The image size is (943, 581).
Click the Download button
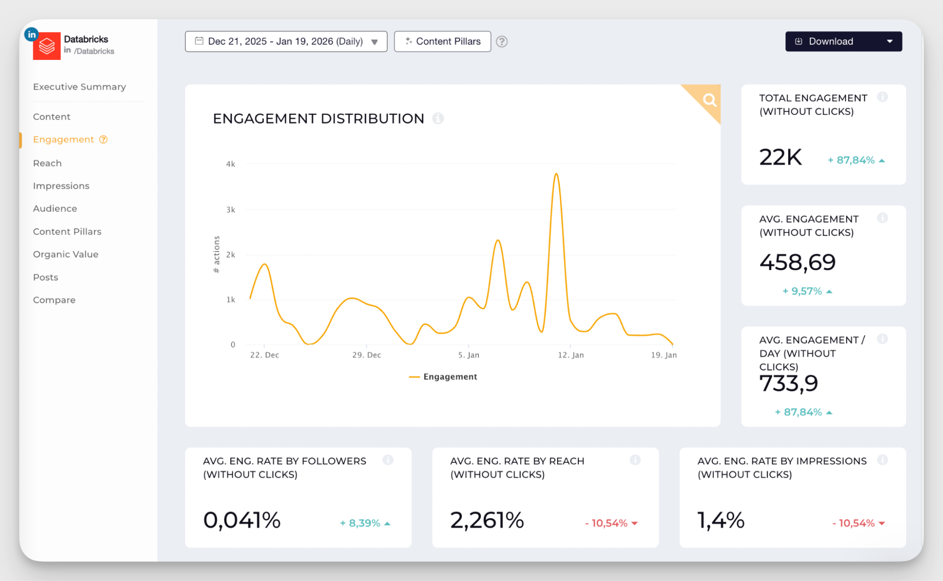point(831,42)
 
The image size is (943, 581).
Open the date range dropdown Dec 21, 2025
point(285,42)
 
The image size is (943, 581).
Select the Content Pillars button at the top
point(442,42)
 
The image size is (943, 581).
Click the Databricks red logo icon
point(47,46)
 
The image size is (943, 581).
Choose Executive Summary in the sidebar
point(79,87)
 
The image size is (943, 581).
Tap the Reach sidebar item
point(47,163)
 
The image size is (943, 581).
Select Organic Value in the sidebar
point(66,254)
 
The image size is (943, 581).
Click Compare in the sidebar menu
point(54,300)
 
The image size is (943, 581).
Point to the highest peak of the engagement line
point(557,174)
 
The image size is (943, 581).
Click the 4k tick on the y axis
point(230,164)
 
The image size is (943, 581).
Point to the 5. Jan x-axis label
point(468,355)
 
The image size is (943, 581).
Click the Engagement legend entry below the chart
point(443,377)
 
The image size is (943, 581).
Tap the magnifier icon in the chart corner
point(709,100)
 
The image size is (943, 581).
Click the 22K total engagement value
point(780,157)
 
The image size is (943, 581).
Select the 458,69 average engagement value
point(797,262)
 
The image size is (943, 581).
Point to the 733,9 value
point(788,383)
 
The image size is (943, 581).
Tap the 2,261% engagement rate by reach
point(487,520)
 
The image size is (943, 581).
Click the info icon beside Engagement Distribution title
point(438,118)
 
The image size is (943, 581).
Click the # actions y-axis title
point(217,254)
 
